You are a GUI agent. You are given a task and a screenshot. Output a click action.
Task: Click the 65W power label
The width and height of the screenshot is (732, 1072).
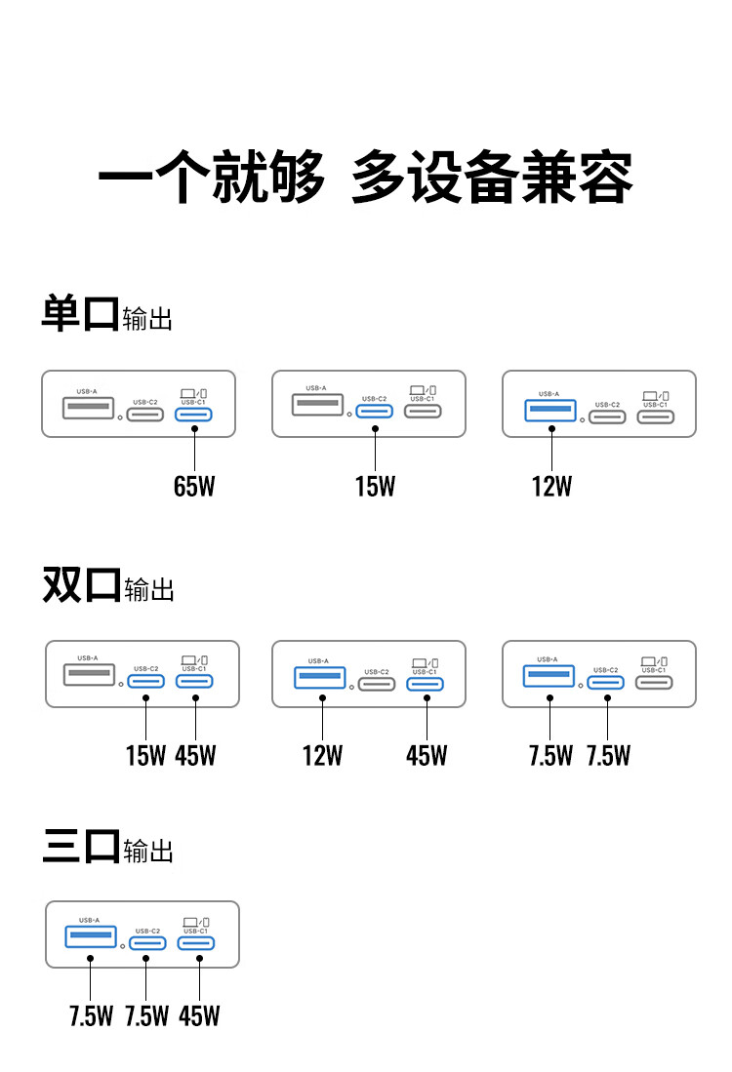click(x=194, y=486)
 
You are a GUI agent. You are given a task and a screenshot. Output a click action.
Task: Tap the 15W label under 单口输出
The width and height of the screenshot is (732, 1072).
click(x=375, y=486)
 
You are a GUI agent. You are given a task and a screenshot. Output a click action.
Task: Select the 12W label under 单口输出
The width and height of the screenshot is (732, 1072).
click(x=551, y=486)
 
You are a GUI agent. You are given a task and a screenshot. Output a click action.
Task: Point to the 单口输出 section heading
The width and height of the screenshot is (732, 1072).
click(x=107, y=317)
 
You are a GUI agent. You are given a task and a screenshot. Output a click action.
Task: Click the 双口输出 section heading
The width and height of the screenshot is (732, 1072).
click(x=108, y=586)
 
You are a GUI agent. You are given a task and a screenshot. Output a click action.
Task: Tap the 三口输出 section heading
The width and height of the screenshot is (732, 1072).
click(x=108, y=848)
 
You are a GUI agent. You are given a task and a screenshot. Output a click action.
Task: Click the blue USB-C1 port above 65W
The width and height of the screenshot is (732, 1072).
click(x=194, y=415)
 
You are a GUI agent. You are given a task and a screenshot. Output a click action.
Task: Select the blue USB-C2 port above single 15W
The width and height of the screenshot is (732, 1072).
click(x=375, y=410)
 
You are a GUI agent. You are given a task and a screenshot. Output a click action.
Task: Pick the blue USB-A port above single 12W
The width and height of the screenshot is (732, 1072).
click(x=551, y=410)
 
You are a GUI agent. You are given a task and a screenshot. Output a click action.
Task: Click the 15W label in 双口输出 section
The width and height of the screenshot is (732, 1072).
click(x=145, y=755)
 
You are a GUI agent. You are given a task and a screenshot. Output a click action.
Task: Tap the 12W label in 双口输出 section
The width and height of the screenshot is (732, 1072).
click(x=322, y=755)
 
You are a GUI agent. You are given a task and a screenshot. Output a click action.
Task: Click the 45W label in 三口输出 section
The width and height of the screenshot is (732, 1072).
click(x=199, y=1015)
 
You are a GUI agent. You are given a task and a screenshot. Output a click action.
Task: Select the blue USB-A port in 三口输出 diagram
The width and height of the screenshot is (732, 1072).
click(x=90, y=937)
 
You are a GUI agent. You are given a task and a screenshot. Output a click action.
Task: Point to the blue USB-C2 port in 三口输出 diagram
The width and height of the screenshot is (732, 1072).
click(x=147, y=943)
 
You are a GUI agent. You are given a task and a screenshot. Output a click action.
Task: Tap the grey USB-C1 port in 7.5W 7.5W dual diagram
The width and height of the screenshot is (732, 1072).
click(x=654, y=680)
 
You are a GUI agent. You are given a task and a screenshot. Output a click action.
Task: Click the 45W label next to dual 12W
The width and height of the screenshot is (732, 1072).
click(x=427, y=755)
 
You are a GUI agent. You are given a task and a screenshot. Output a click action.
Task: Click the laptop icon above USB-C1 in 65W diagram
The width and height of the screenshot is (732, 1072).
click(x=187, y=391)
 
